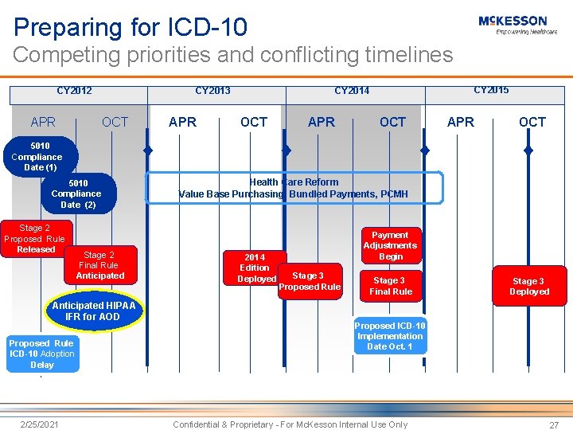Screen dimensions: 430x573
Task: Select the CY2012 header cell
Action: click(74, 91)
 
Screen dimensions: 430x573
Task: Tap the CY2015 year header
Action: click(491, 90)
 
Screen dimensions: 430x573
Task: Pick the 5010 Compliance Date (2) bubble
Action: click(77, 193)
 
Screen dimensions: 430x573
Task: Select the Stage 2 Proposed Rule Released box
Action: click(36, 239)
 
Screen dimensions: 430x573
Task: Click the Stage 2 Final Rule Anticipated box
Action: click(99, 265)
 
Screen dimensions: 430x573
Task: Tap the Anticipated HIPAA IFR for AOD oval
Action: click(94, 311)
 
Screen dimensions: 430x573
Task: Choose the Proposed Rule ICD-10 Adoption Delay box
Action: click(42, 354)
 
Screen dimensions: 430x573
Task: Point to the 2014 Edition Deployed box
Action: click(255, 268)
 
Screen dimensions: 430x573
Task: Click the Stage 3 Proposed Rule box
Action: click(310, 281)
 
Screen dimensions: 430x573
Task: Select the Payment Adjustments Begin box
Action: click(391, 245)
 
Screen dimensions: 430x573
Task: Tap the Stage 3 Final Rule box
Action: click(390, 286)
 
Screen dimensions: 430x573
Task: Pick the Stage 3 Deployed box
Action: click(529, 286)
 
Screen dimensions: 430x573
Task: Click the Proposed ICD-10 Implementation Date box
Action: click(390, 336)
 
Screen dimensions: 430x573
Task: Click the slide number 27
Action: click(554, 425)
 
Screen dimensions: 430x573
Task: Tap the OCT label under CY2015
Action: click(532, 122)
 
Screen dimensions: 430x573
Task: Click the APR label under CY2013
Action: click(183, 122)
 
